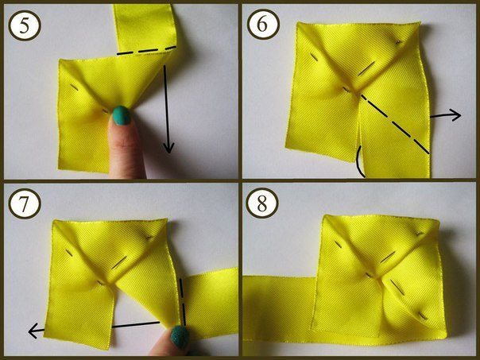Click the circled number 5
[x=25, y=25]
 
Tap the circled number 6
[x=263, y=24]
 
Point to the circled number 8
[x=262, y=203]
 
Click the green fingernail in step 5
[x=122, y=115]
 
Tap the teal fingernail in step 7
[x=180, y=337]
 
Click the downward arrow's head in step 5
[x=168, y=148]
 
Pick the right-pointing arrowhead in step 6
[x=456, y=115]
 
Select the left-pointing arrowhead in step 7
[x=33, y=331]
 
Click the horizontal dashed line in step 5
[x=147, y=51]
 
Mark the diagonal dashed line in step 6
[x=395, y=124]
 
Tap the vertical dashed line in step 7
[x=183, y=301]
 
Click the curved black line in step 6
[x=358, y=161]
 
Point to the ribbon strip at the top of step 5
[x=145, y=27]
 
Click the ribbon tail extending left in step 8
[x=279, y=306]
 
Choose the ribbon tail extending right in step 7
[x=211, y=301]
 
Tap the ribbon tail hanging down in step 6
[x=395, y=144]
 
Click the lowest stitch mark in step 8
[x=423, y=315]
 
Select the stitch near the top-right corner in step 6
[x=398, y=42]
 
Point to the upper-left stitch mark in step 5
[x=75, y=87]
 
